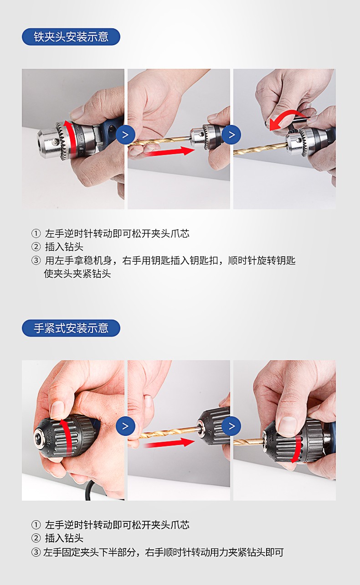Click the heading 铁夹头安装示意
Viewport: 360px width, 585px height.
[71, 37]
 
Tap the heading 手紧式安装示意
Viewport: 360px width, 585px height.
[71, 328]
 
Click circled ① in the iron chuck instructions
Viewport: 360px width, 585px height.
[36, 234]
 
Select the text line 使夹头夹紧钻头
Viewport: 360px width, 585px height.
[77, 274]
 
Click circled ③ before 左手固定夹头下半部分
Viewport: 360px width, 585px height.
[36, 553]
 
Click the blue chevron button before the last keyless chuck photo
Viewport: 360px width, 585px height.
[232, 426]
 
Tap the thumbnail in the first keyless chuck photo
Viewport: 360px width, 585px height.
[57, 409]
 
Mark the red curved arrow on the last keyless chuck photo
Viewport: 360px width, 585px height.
[297, 450]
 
